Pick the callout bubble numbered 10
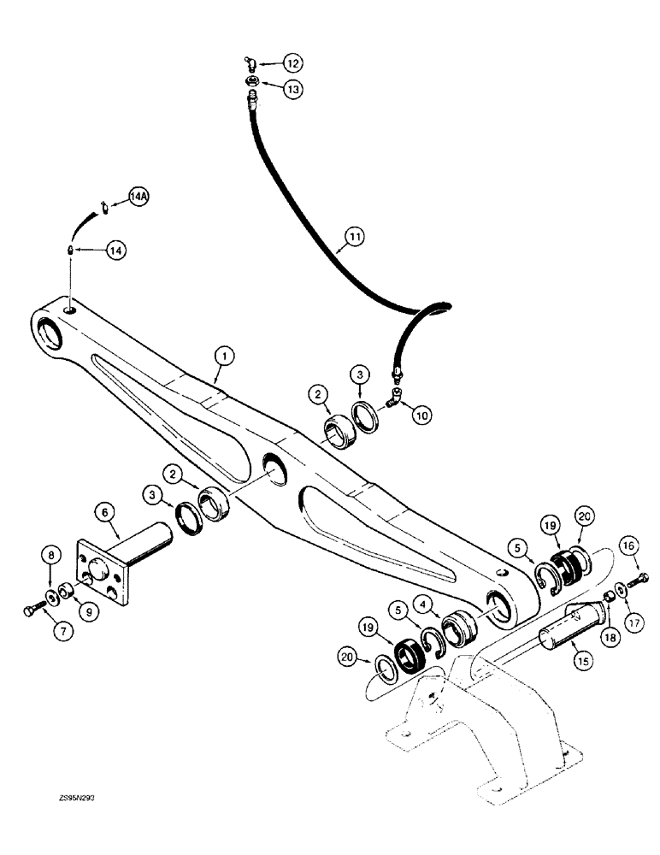(x=421, y=414)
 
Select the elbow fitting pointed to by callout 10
(x=396, y=396)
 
